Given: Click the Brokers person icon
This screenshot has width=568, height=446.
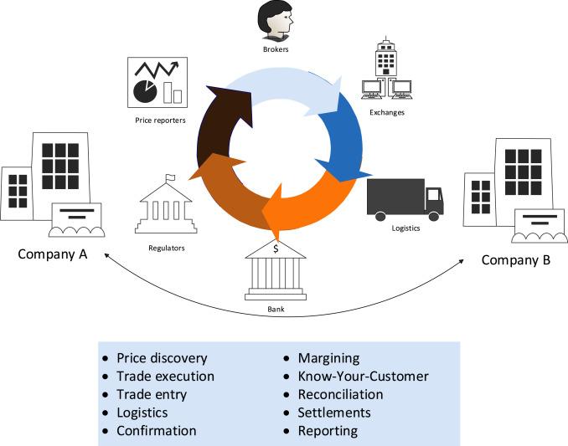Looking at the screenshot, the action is pos(276,21).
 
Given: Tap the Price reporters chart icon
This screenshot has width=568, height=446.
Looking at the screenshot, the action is pos(157,83).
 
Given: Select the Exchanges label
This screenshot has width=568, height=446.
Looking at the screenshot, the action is pos(387,112).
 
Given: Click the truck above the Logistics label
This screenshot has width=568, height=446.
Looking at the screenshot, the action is pos(405,199).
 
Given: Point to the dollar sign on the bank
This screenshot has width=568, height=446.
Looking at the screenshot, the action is pos(276,249).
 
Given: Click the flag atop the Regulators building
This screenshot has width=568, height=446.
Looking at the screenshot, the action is pos(170,177).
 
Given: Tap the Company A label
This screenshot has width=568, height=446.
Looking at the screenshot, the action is pos(53,254).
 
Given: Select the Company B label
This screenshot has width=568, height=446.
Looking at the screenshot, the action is pos(516,260).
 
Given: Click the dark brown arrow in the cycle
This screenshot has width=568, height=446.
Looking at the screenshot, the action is pos(217,123).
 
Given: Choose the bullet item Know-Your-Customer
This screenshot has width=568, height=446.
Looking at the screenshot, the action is pos(363,377).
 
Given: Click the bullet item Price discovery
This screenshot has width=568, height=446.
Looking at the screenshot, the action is pos(162,358).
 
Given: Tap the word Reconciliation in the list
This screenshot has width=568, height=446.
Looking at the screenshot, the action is pos(340,395).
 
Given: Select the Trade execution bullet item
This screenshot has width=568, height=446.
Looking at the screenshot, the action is pos(165,377).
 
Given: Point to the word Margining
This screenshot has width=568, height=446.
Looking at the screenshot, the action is pos(329,359).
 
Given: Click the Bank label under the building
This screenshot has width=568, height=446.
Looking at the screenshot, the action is pos(276,310).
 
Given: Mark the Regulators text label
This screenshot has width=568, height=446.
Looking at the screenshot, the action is pos(167,249).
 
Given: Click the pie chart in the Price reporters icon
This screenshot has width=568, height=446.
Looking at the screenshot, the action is pos(145,90).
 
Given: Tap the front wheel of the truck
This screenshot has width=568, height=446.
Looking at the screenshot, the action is pos(434,217).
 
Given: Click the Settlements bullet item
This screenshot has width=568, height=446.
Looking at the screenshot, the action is pos(334,413).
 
